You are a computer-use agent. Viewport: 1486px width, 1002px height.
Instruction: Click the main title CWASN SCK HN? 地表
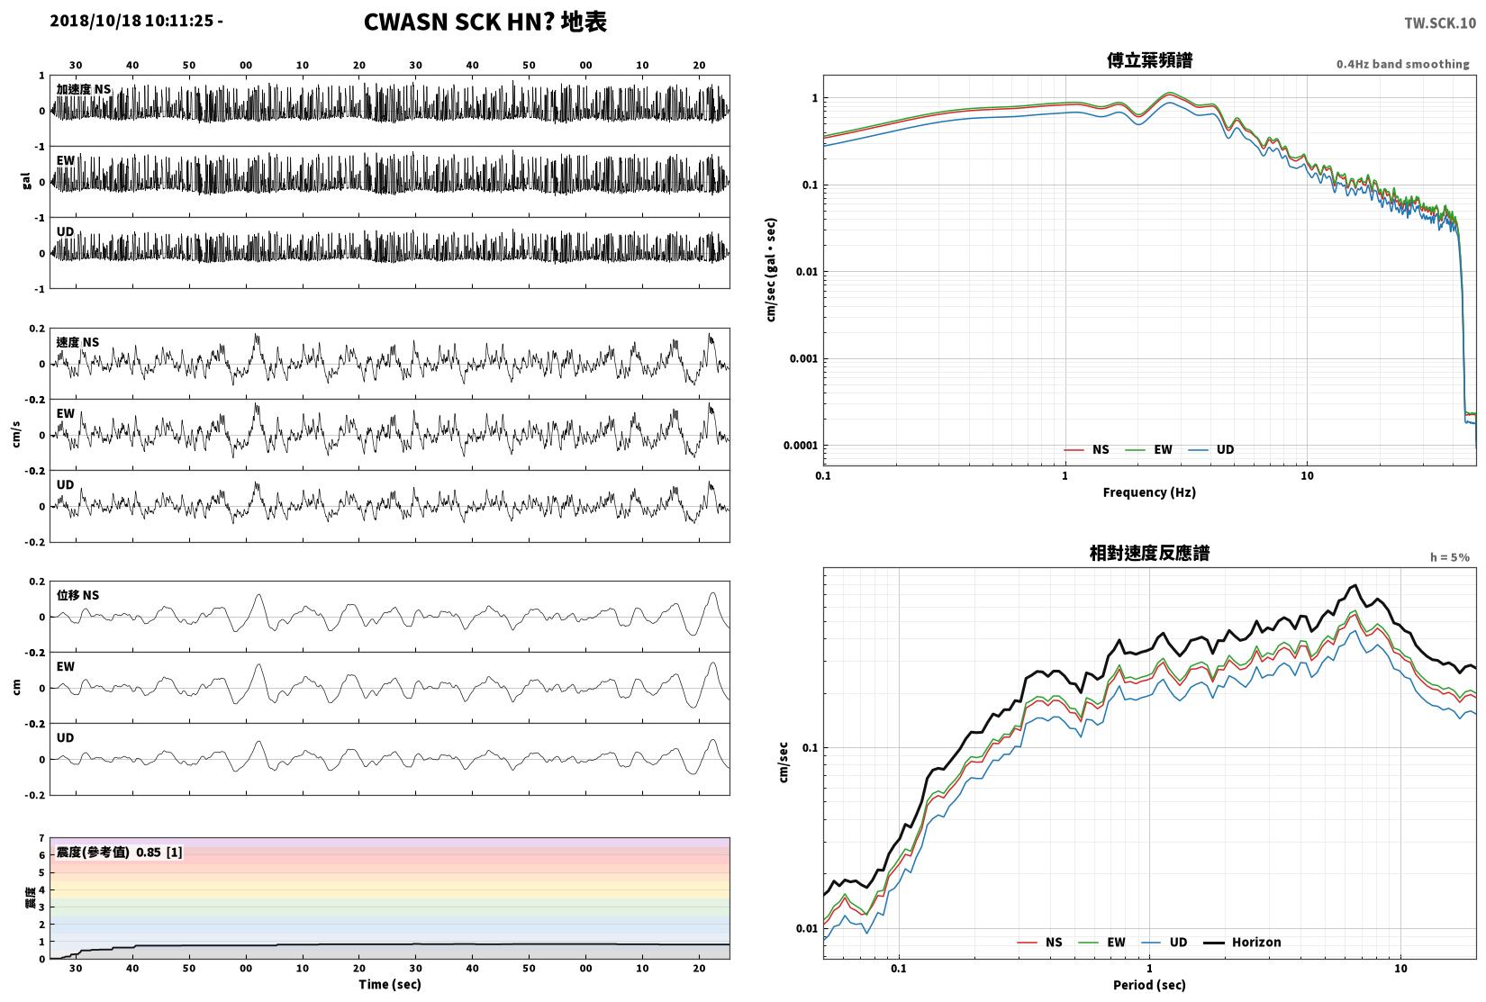[x=485, y=22]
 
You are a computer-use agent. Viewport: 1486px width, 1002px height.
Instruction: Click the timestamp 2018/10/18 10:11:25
[x=131, y=21]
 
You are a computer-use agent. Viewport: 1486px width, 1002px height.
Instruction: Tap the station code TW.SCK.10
[x=1439, y=23]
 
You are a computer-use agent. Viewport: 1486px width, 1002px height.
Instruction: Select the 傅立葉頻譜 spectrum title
[x=1149, y=60]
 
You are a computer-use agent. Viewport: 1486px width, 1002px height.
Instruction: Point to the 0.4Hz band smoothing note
[x=1402, y=64]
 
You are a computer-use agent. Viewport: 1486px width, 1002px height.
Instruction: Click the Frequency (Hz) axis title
[x=1149, y=492]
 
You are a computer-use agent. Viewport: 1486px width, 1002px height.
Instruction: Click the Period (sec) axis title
[x=1149, y=985]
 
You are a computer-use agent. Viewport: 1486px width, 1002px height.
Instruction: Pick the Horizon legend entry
[x=1242, y=943]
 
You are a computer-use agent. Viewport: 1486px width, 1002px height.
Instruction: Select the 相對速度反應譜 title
[x=1149, y=553]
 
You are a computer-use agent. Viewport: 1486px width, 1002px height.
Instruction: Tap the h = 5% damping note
[x=1449, y=557]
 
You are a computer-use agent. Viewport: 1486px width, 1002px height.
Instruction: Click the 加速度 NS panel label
[x=84, y=89]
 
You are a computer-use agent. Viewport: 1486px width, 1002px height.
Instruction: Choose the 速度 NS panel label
[x=77, y=342]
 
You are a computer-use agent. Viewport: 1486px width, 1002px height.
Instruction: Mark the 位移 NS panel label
[x=77, y=595]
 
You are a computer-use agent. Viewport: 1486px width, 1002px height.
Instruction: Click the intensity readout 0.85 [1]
[x=159, y=853]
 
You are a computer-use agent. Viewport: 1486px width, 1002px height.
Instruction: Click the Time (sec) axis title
[x=390, y=984]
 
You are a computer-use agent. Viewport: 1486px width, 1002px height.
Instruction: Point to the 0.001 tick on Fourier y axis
[x=803, y=358]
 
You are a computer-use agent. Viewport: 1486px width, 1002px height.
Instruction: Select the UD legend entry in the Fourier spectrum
[x=1210, y=449]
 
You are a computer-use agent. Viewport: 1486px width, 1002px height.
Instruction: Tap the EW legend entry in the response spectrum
[x=1102, y=943]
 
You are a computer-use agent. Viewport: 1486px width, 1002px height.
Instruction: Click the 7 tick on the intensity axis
[x=41, y=838]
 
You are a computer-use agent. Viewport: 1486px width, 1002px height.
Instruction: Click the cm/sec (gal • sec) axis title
[x=771, y=270]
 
